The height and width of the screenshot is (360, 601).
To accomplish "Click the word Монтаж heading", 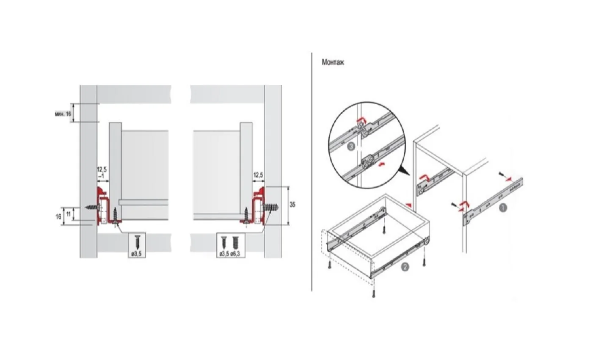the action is click(x=333, y=63).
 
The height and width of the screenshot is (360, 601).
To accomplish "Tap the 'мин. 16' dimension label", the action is click(x=63, y=114).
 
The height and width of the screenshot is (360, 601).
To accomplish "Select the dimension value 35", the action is click(x=292, y=205).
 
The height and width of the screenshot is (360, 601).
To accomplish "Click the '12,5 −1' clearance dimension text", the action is click(x=102, y=172).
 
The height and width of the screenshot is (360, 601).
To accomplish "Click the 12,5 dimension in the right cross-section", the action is click(x=259, y=175).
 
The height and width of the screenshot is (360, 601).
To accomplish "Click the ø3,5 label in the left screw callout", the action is click(x=137, y=254).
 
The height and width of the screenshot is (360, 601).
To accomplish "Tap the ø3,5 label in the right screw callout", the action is click(x=224, y=254).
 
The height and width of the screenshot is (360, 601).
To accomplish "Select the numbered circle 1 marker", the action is click(x=503, y=208).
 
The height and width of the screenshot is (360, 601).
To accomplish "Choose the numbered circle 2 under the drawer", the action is click(x=405, y=267).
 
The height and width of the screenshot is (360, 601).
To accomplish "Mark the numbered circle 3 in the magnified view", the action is click(x=350, y=147).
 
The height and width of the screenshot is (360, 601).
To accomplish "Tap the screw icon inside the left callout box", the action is click(x=137, y=241).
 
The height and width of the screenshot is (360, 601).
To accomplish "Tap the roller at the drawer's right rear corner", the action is click(x=427, y=242).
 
